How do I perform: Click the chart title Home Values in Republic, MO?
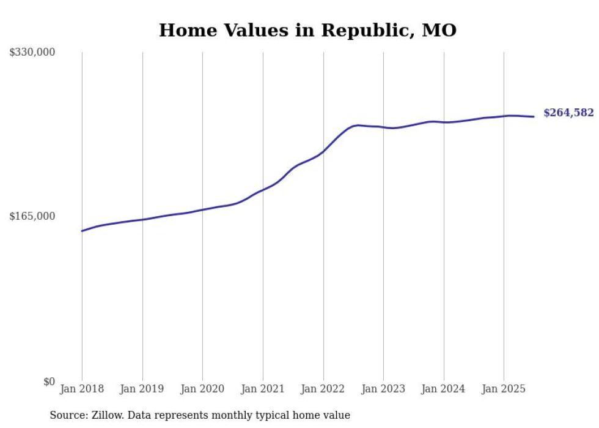(x=307, y=30)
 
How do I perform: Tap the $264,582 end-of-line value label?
(x=568, y=113)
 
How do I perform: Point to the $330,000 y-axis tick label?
(x=32, y=53)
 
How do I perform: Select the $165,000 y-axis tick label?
(x=32, y=216)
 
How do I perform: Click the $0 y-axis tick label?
(x=49, y=381)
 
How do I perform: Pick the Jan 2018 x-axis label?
(x=82, y=389)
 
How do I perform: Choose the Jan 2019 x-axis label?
(x=142, y=389)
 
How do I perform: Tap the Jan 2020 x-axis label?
(x=202, y=389)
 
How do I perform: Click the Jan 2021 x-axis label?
(x=263, y=389)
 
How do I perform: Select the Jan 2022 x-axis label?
(x=323, y=389)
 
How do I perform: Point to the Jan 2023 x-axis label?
(x=383, y=389)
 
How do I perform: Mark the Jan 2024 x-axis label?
(x=444, y=389)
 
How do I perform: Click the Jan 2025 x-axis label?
(x=504, y=389)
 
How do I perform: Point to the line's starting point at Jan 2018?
(x=82, y=231)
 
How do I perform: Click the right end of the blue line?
(x=534, y=116)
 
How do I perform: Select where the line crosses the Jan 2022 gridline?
(x=323, y=151)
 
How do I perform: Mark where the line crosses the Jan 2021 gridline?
(x=263, y=189)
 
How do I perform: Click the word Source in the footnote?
(x=68, y=415)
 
